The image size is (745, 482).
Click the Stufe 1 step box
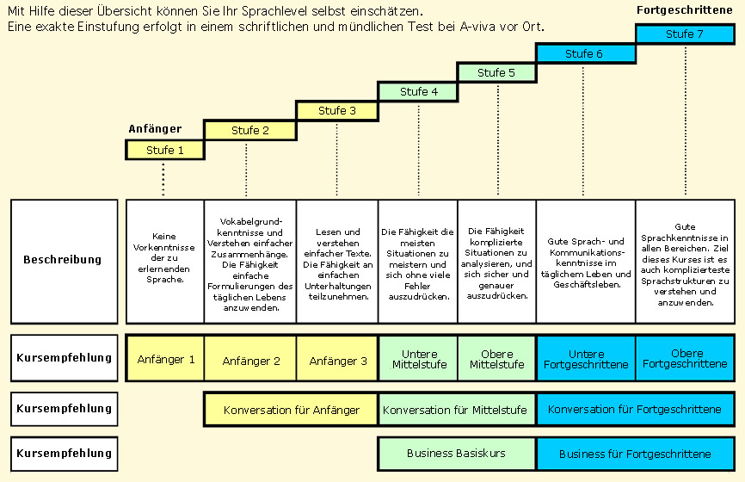(165, 150)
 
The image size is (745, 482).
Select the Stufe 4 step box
(418, 91)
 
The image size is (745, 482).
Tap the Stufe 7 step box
(685, 34)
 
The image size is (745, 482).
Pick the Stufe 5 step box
(496, 72)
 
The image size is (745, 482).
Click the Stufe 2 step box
(250, 130)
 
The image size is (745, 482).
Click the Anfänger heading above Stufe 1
(155, 129)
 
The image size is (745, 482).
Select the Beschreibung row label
(64, 260)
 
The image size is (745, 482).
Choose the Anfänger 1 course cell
(165, 360)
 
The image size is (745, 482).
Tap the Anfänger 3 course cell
(337, 360)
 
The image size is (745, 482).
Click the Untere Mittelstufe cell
(418, 359)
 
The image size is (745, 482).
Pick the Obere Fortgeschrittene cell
(685, 359)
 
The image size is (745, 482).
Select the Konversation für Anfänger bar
(291, 410)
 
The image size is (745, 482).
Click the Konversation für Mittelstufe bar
(457, 410)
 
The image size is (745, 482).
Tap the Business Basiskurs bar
(457, 454)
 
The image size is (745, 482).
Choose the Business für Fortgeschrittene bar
(635, 454)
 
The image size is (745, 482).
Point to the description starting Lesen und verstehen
(337, 263)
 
